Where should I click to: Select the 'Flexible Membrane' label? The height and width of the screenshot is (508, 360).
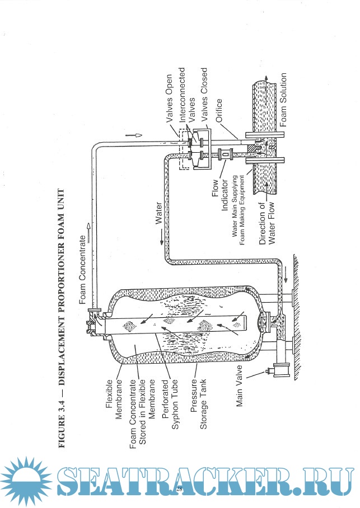click(114, 398)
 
